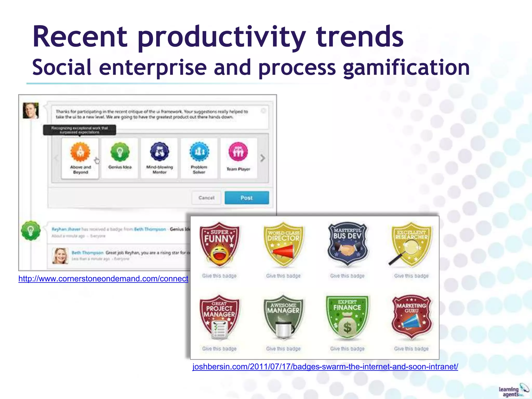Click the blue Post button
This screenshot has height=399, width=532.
coord(247,198)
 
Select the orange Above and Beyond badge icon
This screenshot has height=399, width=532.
coord(80,152)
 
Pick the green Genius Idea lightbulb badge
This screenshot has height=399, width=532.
coord(120,152)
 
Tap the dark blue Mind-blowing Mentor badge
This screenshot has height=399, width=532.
coord(159,152)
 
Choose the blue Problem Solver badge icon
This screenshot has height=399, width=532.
coord(199,152)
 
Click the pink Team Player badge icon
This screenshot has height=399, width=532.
coord(238,152)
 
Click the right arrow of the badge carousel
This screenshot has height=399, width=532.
coord(263,158)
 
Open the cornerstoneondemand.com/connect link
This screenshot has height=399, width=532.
coord(103,279)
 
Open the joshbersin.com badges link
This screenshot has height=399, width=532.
coord(325,367)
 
